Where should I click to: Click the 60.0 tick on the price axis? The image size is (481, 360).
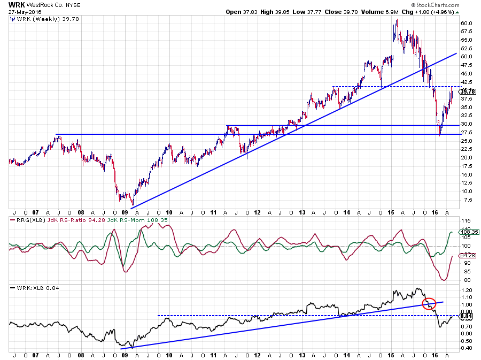466,23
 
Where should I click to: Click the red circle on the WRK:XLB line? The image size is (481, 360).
429,304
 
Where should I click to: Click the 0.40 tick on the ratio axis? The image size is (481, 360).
465,348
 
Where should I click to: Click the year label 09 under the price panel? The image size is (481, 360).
125,212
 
